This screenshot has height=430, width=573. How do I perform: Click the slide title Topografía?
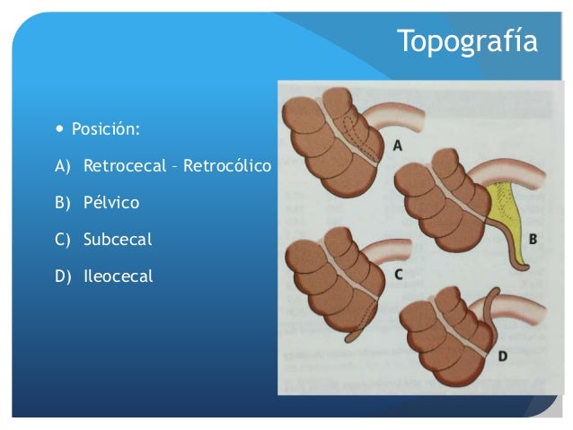coord(467,40)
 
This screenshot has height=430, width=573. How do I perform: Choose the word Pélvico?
coord(111,203)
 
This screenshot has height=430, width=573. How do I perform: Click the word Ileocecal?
coord(119,276)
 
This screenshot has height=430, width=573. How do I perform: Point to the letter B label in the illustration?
coord(533,240)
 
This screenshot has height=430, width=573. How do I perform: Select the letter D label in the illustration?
coord(502,355)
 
